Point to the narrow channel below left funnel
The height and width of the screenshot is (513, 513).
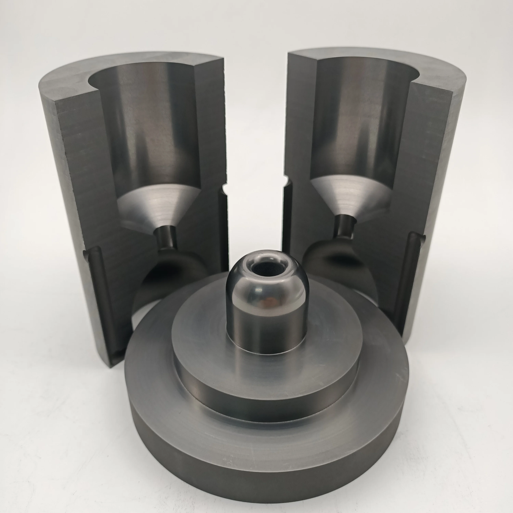click(x=165, y=236)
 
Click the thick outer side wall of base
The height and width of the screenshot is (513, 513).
click(x=266, y=478)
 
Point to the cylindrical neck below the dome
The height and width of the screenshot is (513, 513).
click(x=266, y=332)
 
